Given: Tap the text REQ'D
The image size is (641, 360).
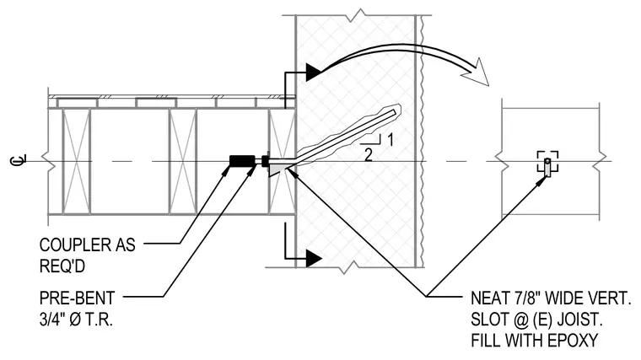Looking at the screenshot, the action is pyautogui.click(x=62, y=266).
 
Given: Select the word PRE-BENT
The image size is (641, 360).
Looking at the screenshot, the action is pyautogui.click(x=78, y=298).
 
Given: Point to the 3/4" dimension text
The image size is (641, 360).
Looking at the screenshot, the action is pyautogui.click(x=53, y=320).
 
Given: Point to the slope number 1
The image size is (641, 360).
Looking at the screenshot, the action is pyautogui.click(x=391, y=140).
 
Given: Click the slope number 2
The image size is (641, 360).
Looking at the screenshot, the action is pyautogui.click(x=369, y=155).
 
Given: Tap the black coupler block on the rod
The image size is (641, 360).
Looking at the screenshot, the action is pyautogui.click(x=242, y=161).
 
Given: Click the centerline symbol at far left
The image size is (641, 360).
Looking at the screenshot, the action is pyautogui.click(x=18, y=160).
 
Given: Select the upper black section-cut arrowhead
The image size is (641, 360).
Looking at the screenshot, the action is pyautogui.click(x=314, y=73).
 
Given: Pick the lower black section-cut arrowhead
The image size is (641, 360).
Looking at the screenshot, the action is pyautogui.click(x=314, y=258).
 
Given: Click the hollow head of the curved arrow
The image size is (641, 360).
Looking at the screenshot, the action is pyautogui.click(x=477, y=73).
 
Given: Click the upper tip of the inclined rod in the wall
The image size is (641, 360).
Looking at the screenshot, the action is pyautogui.click(x=395, y=110).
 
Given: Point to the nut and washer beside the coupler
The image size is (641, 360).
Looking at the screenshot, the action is pyautogui.click(x=265, y=161).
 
